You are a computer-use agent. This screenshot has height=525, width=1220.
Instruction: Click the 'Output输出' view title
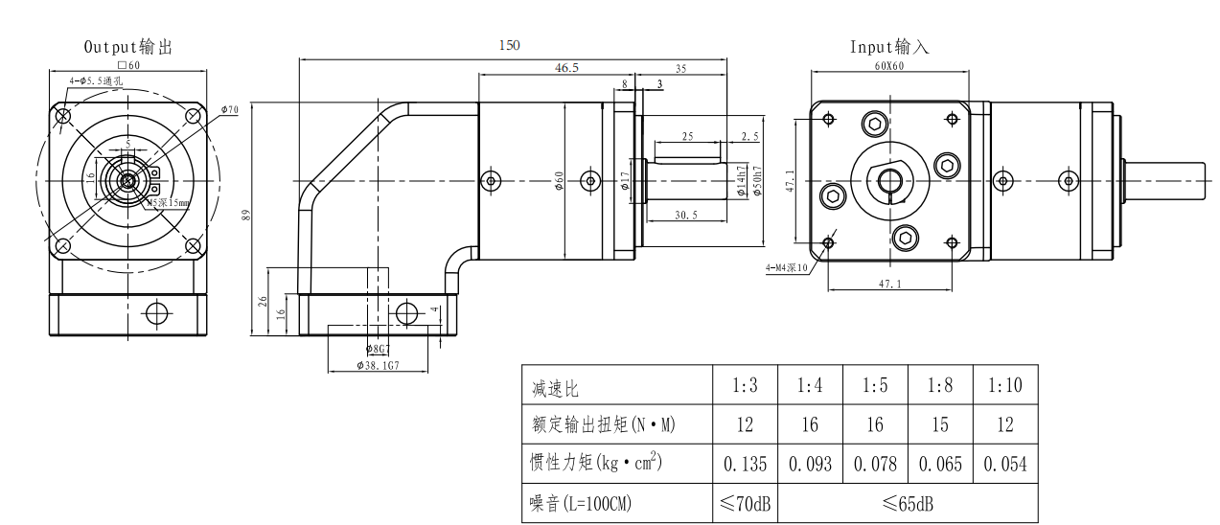[x=128, y=46]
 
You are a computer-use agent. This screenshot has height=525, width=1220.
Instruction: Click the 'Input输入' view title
[x=889, y=46]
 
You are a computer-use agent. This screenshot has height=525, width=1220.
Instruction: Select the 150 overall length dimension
[x=510, y=45]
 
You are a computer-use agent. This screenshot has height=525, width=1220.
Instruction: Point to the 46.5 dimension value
[x=566, y=68]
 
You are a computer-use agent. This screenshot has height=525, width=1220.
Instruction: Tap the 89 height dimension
[x=245, y=215]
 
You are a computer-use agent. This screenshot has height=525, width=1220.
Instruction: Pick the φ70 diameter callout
[x=229, y=109]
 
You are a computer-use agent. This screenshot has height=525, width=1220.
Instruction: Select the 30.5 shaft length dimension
[x=685, y=215]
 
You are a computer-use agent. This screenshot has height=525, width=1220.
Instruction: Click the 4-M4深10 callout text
[x=788, y=267]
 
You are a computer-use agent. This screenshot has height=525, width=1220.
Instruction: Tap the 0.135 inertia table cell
[x=745, y=465]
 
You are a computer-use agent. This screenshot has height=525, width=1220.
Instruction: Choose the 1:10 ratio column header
[x=1004, y=386]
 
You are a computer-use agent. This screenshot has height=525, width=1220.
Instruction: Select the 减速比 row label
[x=556, y=388]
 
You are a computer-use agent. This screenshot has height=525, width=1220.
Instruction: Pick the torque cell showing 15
[x=939, y=424]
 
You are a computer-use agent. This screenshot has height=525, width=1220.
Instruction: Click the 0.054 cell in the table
[x=1004, y=465]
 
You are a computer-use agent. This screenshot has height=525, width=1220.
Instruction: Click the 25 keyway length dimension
[x=687, y=137]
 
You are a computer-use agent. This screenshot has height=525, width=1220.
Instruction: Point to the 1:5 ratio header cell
[x=874, y=386]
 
